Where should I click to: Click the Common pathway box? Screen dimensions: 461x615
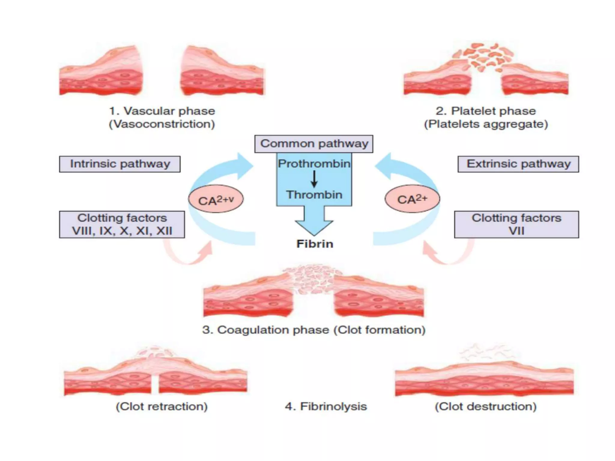[314, 144]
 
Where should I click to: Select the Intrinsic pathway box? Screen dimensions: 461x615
[120, 164]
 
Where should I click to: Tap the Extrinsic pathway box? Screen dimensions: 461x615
[518, 164]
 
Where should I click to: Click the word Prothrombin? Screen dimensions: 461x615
[314, 164]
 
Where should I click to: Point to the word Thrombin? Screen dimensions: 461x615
[314, 195]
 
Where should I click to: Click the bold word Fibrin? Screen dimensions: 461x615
[315, 244]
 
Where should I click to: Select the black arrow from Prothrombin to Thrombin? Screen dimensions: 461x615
[314, 179]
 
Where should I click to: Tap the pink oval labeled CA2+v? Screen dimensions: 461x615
[216, 199]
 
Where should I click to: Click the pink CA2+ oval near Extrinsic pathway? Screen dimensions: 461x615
[412, 199]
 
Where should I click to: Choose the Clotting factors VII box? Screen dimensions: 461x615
[516, 224]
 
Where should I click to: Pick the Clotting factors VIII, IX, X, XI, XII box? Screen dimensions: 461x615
[122, 224]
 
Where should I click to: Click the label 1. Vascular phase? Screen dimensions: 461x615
[162, 111]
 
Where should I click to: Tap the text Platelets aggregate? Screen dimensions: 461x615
[486, 124]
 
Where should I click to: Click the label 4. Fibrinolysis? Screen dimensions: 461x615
[326, 406]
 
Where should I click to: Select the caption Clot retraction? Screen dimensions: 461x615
[162, 406]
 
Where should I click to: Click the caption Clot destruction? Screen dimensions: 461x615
[486, 406]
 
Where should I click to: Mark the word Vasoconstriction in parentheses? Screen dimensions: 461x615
[162, 124]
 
